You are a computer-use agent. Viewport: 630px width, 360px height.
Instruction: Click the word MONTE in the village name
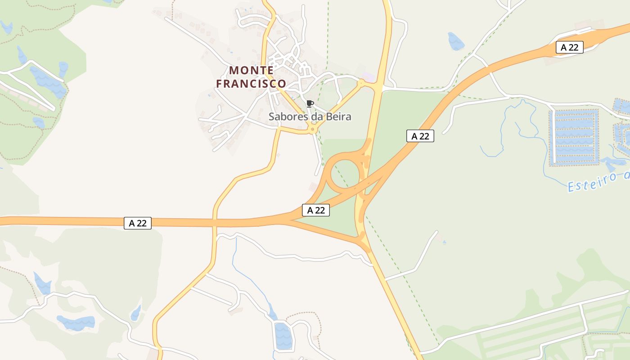click(251, 70)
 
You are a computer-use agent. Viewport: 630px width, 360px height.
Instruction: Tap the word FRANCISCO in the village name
click(251, 84)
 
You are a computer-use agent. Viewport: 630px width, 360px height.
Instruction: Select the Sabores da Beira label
click(310, 117)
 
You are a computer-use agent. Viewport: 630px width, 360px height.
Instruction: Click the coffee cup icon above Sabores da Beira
click(310, 103)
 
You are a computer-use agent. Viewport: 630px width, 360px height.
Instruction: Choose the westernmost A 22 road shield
click(138, 223)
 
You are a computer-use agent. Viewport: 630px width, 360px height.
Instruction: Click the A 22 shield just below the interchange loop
click(315, 210)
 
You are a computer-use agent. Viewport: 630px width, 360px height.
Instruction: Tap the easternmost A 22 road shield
click(569, 47)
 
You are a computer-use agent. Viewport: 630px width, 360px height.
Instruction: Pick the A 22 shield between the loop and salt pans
click(420, 136)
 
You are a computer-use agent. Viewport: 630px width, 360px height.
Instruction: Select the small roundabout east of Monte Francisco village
click(361, 83)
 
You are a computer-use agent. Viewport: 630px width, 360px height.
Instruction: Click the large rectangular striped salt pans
click(574, 137)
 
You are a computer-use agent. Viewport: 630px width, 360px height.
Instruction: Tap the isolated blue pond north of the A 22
click(456, 41)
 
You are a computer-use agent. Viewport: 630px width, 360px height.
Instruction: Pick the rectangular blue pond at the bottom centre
click(283, 335)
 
